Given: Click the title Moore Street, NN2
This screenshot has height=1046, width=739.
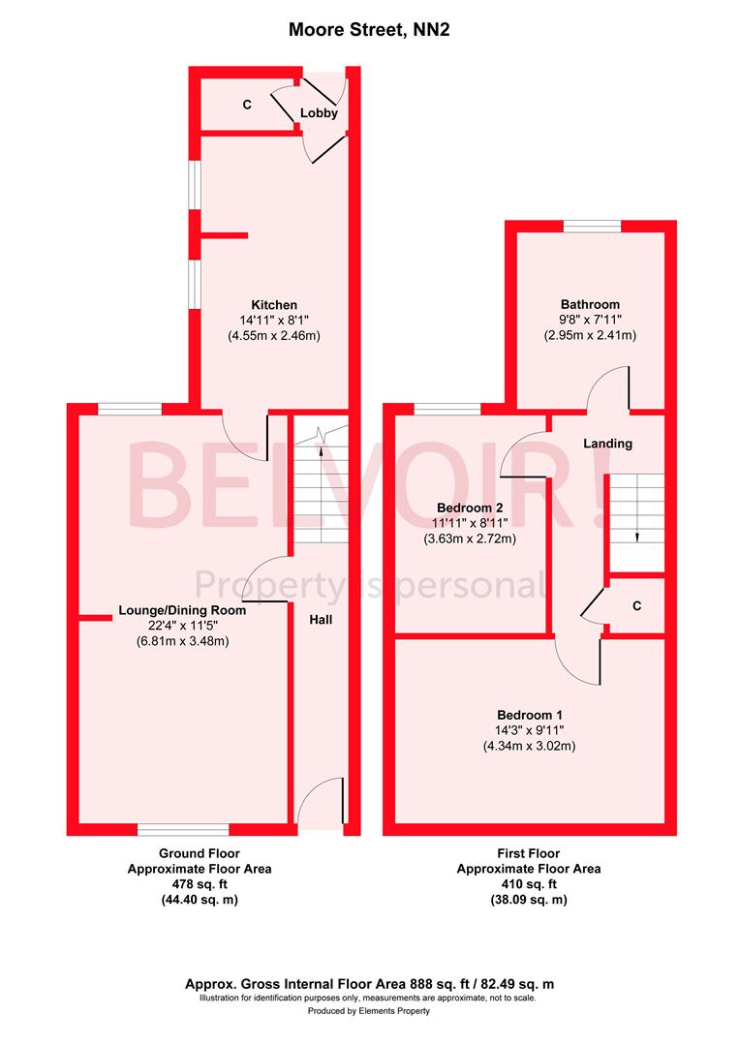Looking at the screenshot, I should coord(369,30).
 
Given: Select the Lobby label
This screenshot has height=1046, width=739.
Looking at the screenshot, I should coord(319,113).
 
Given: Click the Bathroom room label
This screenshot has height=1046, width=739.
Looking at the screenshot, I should coord(590,304).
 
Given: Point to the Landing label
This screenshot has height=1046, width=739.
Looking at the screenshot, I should coord(607,444).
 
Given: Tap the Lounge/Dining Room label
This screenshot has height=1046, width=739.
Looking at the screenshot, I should coord(182,611).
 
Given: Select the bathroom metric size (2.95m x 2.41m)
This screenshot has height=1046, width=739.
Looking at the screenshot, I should coord(590,335).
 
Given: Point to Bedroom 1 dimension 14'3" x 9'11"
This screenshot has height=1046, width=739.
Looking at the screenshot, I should coord(529,730).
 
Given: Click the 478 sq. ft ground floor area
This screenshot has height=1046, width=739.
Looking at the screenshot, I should coord(200,884).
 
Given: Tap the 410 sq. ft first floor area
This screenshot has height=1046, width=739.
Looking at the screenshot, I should coord(528,884).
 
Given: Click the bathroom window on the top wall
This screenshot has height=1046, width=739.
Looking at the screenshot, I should coord(592,227).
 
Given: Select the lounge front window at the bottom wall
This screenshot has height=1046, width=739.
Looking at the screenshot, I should coord(183,829).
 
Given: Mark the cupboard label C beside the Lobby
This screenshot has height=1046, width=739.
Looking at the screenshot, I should coord(247,104).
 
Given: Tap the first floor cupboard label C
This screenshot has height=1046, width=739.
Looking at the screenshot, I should coord(636,605).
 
